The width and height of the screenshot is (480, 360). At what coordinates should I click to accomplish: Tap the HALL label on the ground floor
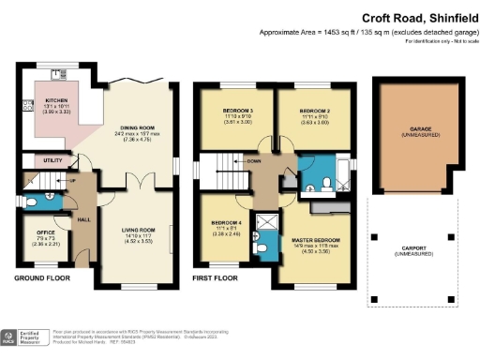tap(82, 219)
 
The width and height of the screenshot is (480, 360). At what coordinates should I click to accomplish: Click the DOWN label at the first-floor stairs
tap(253, 161)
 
